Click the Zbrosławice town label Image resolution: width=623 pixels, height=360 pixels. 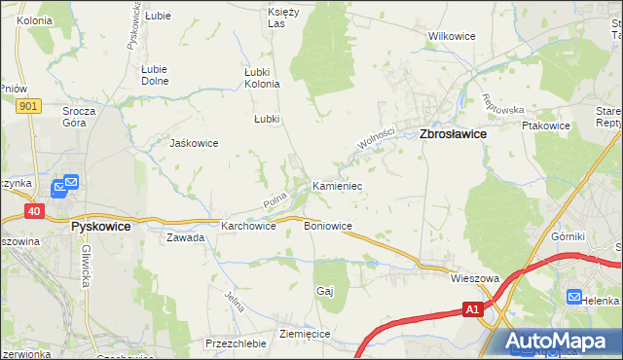point(453,136)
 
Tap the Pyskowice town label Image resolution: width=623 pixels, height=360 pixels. point(101,225)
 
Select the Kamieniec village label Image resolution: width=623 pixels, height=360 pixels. point(337,185)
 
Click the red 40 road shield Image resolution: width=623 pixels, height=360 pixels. point(34,209)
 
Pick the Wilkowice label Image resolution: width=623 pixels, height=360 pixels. point(452,37)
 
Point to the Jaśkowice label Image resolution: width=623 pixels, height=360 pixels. point(194,143)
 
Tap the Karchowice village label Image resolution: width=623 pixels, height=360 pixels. point(248,226)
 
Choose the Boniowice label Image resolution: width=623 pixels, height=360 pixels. point(328,226)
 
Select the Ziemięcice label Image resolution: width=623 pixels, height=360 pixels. point(305,334)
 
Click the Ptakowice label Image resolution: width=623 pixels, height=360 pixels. point(545,126)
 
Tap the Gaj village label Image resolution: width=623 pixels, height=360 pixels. point(325,291)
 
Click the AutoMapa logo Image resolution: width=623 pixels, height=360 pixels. point(561,342)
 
